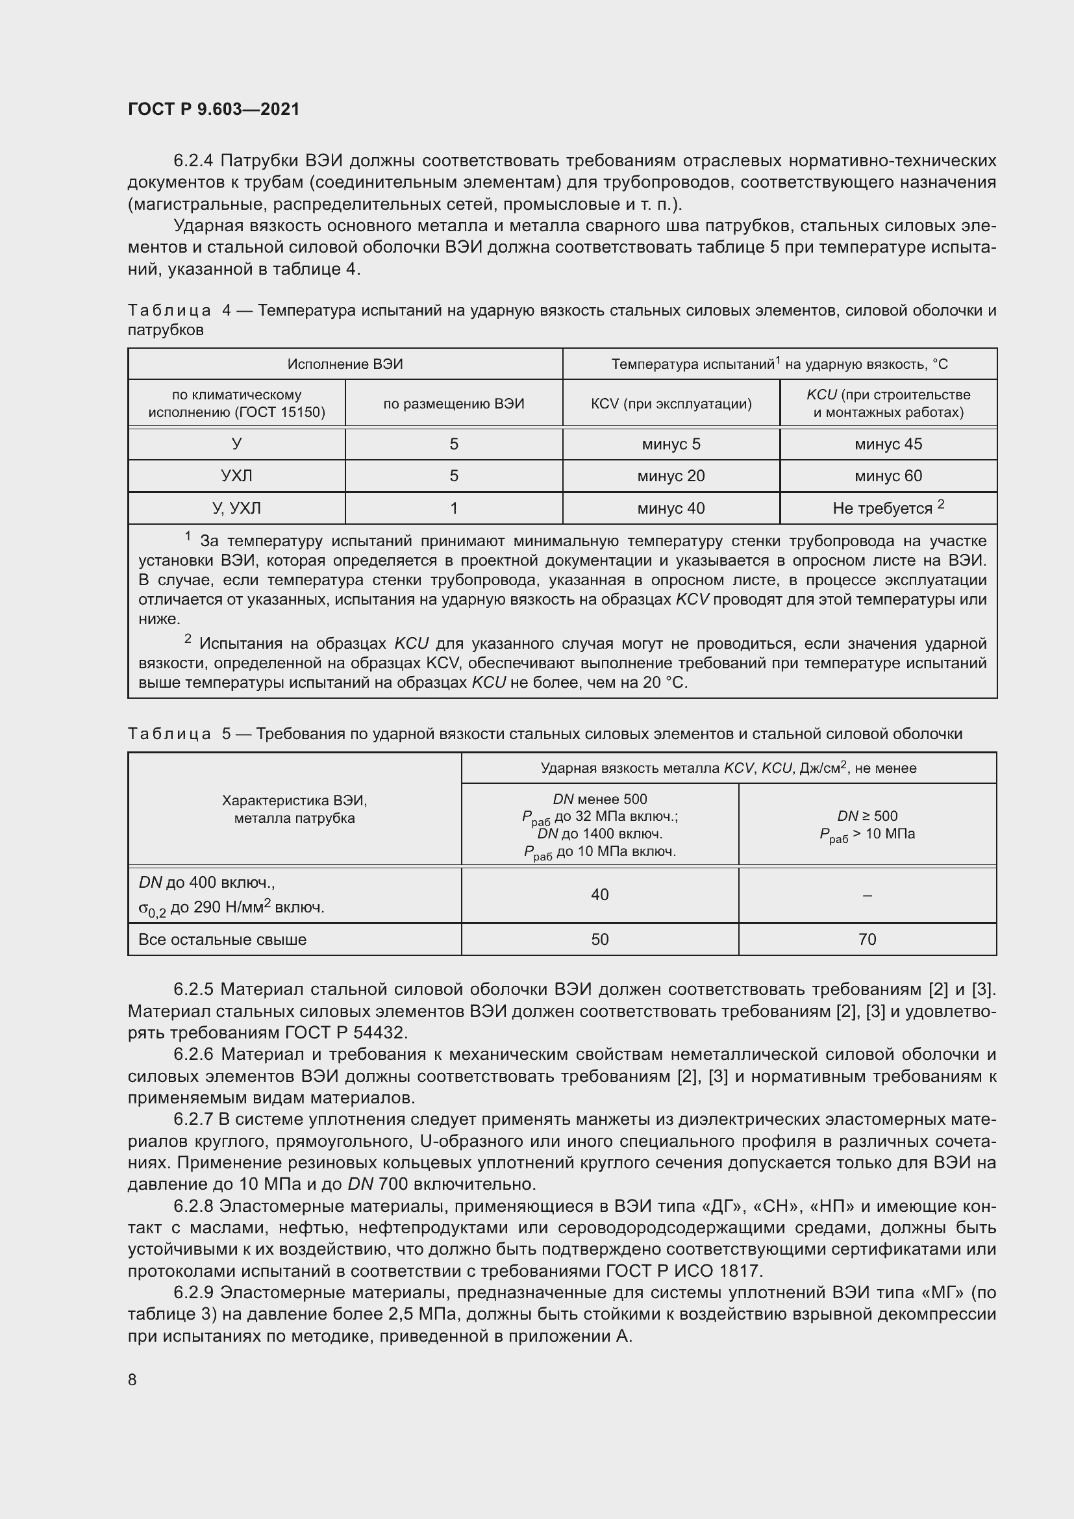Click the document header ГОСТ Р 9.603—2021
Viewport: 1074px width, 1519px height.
click(214, 109)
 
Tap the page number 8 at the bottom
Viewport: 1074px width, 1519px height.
click(132, 1379)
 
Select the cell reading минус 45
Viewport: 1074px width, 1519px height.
click(888, 444)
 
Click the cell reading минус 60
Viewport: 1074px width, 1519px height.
click(888, 475)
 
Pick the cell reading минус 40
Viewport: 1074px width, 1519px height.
click(671, 508)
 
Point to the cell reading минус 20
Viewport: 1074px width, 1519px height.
click(671, 475)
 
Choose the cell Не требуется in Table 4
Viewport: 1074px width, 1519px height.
click(882, 508)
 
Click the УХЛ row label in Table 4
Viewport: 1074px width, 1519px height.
click(236, 475)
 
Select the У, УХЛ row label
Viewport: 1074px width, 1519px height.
click(236, 508)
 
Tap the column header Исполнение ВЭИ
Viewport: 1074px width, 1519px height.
click(345, 364)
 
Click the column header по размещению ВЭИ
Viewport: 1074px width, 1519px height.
click(454, 403)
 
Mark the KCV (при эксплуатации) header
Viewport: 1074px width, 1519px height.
click(671, 403)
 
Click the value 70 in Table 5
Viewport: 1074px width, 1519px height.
click(866, 940)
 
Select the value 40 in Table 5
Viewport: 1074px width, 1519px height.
click(599, 894)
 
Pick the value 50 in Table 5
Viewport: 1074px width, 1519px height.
click(599, 940)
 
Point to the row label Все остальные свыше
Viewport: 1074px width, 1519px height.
click(222, 940)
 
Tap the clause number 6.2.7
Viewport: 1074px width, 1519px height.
click(194, 1120)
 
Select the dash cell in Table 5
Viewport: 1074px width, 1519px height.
click(867, 895)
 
